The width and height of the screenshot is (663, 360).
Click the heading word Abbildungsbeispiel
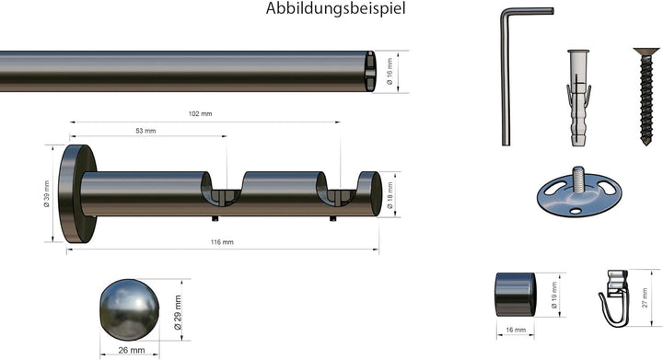(x=335, y=9)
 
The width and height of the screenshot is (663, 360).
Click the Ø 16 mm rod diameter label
(x=391, y=71)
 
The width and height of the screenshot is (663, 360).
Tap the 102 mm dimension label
(x=200, y=114)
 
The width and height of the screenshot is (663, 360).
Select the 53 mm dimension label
(x=145, y=132)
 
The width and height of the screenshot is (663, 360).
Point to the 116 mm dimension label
(x=222, y=242)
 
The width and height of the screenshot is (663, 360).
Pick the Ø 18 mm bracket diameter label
(x=390, y=193)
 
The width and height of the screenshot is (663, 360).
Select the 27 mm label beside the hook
(x=645, y=296)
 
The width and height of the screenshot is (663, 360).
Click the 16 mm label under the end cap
(x=515, y=329)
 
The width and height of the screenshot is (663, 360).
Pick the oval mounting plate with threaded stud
(x=577, y=192)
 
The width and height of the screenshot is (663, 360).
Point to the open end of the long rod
(x=369, y=71)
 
